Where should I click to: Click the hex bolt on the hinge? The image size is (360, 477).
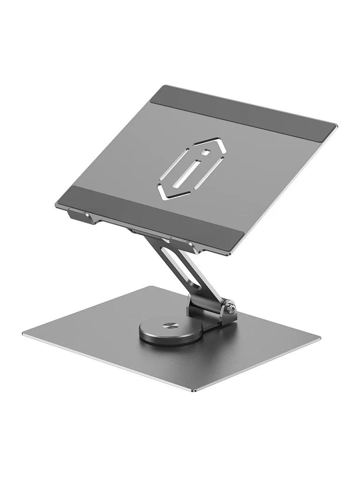point(229,309)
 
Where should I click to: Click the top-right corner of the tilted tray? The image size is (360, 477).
point(335,125)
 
